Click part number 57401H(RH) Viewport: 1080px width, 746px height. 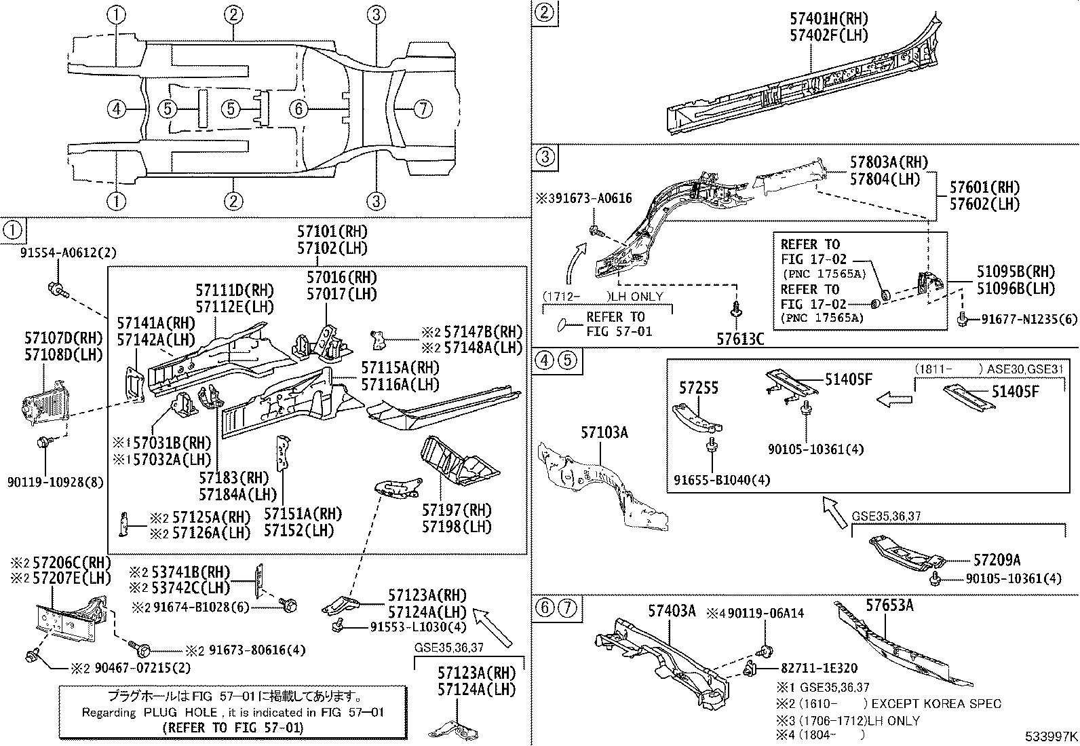point(828,19)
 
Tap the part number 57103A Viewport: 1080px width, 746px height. point(604,432)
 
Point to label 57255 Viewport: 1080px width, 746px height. point(699,388)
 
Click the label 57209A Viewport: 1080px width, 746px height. point(997,560)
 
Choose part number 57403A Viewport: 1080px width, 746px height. point(672,611)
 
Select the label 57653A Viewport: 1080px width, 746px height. point(889,605)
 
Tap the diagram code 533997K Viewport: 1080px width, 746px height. point(1051,736)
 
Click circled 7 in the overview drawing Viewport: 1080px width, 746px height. point(423,109)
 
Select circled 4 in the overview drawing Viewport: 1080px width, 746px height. point(117,109)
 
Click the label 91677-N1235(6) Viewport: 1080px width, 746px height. point(1029,318)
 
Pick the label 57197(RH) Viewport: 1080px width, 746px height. point(457,510)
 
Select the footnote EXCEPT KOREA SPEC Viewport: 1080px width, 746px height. point(936,704)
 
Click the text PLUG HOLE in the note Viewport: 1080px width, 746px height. point(180,712)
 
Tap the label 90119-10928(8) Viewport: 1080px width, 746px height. point(56,482)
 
